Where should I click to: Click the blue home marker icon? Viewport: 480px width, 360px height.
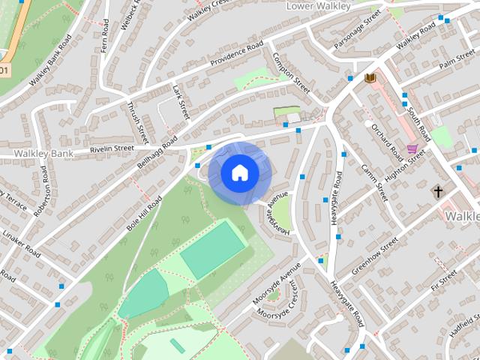tap(239, 172)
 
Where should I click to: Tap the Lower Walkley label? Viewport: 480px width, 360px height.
tap(319, 6)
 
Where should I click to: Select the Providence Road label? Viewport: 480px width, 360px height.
tap(236, 53)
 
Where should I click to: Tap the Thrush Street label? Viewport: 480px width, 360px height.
tap(137, 122)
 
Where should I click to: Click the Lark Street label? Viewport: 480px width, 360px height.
tap(180, 103)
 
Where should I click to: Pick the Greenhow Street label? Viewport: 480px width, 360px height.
tap(376, 256)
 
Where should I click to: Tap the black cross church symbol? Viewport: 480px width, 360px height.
tap(437, 193)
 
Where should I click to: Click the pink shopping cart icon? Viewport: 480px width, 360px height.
tap(412, 148)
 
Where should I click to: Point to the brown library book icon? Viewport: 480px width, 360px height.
tap(369, 77)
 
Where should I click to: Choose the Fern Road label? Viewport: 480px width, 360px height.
tap(103, 40)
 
